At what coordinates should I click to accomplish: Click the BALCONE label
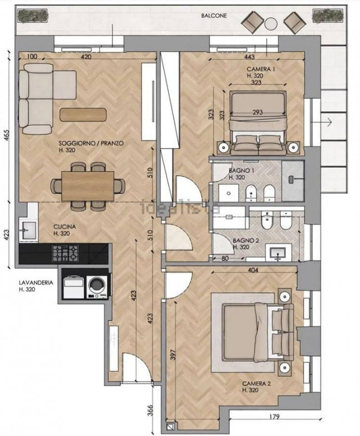pos(214,16)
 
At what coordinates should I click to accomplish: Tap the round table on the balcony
pos(271,24)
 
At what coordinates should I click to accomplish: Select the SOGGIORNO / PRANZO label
pos(91,143)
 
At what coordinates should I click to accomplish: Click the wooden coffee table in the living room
pos(83,115)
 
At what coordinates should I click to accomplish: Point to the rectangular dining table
pos(88,186)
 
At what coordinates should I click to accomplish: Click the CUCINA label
pos(65,227)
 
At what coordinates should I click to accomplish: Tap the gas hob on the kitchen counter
pos(65,253)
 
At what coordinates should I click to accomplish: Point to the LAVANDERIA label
pos(35,283)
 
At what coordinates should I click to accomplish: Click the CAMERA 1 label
pos(261,69)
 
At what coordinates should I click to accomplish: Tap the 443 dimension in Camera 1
pos(250,57)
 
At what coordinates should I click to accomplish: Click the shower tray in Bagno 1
pos(293,181)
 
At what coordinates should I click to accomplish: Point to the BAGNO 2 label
pos(246,240)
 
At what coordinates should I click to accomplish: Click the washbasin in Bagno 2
pos(279,252)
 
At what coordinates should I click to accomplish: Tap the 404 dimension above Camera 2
pos(253,269)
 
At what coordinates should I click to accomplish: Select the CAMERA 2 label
pos(256,384)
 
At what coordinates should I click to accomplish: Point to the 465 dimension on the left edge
pos(7,135)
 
